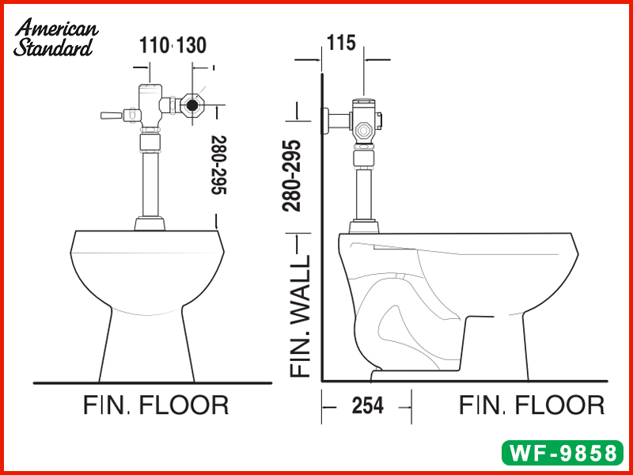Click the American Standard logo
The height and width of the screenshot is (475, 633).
point(55,37)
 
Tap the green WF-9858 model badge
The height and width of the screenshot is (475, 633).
point(563,453)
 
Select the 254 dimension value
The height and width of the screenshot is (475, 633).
point(367,405)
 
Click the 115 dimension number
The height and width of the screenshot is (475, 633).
point(341,44)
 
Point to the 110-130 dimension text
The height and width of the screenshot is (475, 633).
point(172,45)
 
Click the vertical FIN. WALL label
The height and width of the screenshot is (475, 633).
point(301,316)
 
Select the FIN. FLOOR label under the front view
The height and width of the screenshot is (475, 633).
point(156,405)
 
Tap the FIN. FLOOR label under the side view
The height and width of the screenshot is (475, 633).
point(532,405)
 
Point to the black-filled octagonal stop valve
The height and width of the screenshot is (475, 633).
point(191,105)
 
